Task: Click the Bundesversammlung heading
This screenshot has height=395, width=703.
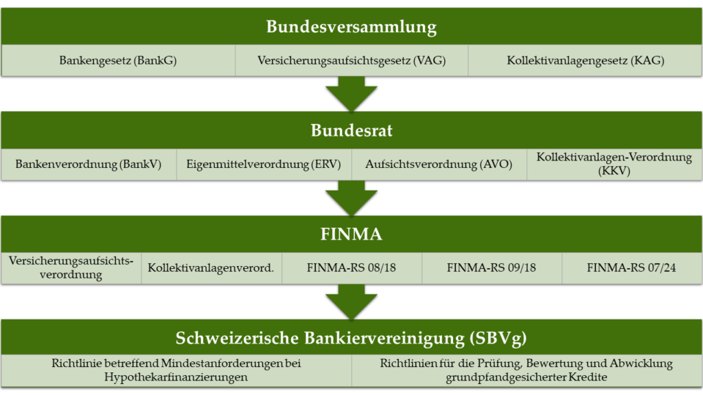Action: pyautogui.click(x=351, y=27)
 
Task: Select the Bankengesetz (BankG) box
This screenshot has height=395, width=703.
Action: pyautogui.click(x=118, y=60)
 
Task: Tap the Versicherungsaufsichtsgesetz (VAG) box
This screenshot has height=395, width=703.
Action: pyautogui.click(x=351, y=60)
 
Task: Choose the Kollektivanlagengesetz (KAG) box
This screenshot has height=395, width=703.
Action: pyautogui.click(x=585, y=60)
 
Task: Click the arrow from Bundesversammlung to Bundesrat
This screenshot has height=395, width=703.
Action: pyautogui.click(x=351, y=93)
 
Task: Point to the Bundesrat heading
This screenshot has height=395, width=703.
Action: pyautogui.click(x=351, y=130)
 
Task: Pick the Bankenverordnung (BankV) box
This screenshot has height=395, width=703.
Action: pyautogui.click(x=89, y=165)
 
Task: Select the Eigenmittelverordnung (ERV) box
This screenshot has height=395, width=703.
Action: pyautogui.click(x=264, y=165)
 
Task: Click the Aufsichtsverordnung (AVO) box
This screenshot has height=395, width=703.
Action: pyautogui.click(x=439, y=165)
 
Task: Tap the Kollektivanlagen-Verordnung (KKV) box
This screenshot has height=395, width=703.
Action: pyautogui.click(x=614, y=165)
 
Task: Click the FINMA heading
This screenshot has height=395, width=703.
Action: pyautogui.click(x=351, y=235)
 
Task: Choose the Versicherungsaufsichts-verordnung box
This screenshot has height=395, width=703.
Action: pyautogui.click(x=71, y=268)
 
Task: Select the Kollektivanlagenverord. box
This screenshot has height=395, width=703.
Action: pyautogui.click(x=211, y=268)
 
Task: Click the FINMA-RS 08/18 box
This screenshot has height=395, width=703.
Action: pyautogui.click(x=351, y=268)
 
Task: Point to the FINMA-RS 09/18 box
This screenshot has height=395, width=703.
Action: pyautogui.click(x=492, y=268)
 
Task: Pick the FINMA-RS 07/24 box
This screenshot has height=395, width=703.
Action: pyautogui.click(x=632, y=268)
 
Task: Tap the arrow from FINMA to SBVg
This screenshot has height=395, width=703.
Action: pyautogui.click(x=351, y=302)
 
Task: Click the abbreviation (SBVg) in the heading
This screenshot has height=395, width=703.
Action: pyautogui.click(x=498, y=338)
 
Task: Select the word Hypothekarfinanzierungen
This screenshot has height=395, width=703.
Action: pyautogui.click(x=176, y=377)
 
